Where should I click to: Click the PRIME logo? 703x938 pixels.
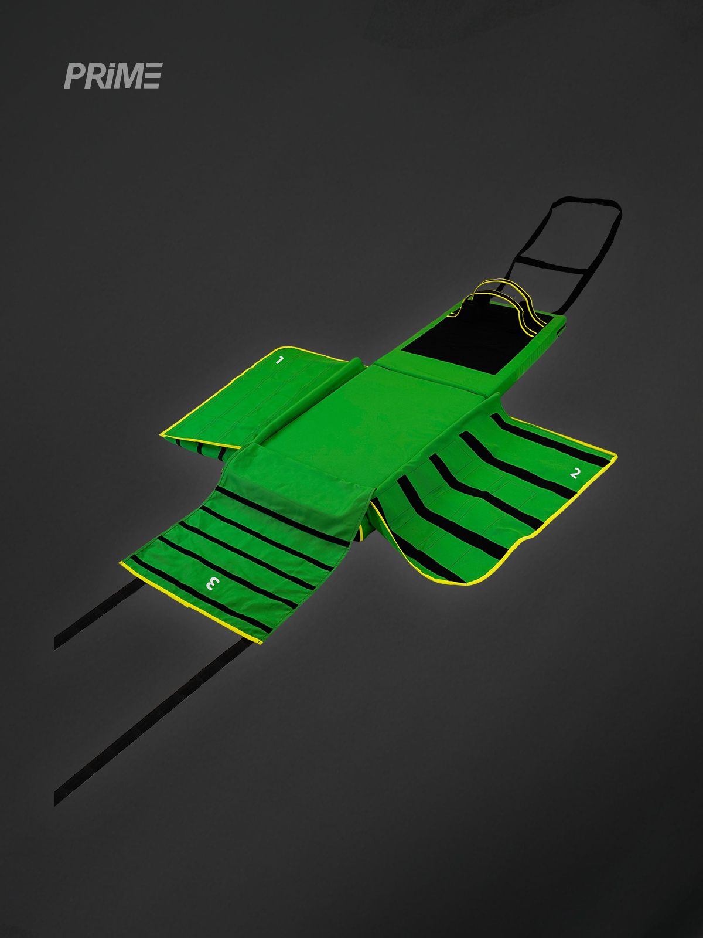click(113, 76)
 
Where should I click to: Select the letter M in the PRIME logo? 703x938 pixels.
click(129, 76)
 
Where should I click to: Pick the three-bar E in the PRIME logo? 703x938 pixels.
click(152, 76)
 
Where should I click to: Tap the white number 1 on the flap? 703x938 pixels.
click(279, 360)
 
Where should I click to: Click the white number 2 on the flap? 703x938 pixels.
click(575, 473)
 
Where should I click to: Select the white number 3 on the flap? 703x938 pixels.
click(213, 583)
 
